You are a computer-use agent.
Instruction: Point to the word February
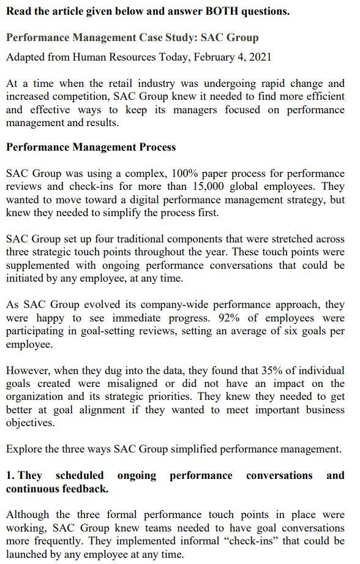(209, 57)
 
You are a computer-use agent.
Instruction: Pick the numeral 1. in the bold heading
(10, 476)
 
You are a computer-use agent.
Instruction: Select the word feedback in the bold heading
(83, 489)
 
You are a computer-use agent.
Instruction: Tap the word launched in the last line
(28, 554)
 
